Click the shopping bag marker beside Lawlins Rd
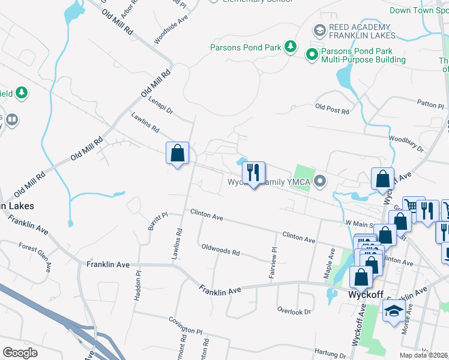pyautogui.click(x=177, y=154)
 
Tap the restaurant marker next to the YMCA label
pyautogui.click(x=253, y=173)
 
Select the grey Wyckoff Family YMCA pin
pyautogui.click(x=322, y=180)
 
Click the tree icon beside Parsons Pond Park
pyautogui.click(x=291, y=46)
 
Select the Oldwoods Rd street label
pyautogui.click(x=220, y=250)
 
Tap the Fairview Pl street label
pyautogui.click(x=274, y=259)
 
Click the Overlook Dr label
pyautogui.click(x=294, y=311)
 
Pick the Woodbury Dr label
pyautogui.click(x=406, y=144)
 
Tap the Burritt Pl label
pyautogui.click(x=157, y=220)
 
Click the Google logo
pyautogui.click(x=20, y=352)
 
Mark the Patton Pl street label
pyautogui.click(x=430, y=104)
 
